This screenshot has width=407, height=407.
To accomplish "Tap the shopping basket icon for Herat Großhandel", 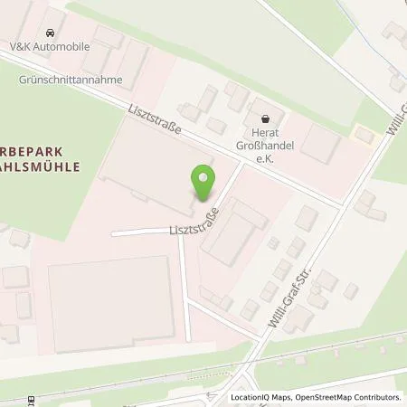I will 265,118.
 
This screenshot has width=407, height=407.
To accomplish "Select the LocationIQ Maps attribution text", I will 262,397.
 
